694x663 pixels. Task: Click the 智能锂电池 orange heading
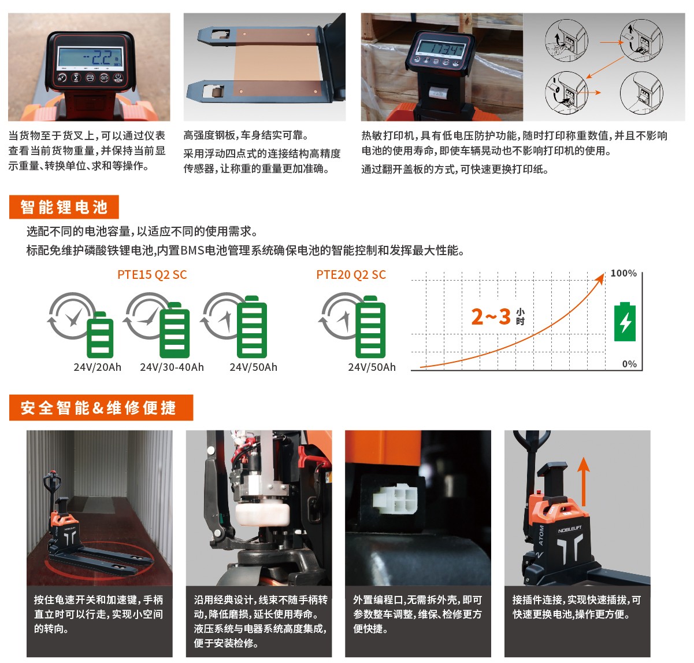pos(64,207)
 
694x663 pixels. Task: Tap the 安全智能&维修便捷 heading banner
pos(101,407)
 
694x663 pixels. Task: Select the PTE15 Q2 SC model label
pos(152,275)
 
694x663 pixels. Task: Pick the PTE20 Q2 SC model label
pos(351,275)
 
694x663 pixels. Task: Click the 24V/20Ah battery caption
pos(98,367)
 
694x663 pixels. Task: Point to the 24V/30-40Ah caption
pos(172,367)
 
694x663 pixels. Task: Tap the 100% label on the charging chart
pos(624,273)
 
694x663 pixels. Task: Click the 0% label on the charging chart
pos(629,364)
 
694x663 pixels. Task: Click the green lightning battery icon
pos(625,322)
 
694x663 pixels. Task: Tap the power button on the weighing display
pos(118,78)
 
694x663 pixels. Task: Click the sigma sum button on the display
pos(76,78)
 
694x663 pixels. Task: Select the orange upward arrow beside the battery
pos(584,482)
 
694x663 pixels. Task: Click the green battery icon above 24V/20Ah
pos(100,334)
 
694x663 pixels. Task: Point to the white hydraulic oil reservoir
pos(262,514)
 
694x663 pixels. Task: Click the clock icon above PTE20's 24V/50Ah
pos(340,316)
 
